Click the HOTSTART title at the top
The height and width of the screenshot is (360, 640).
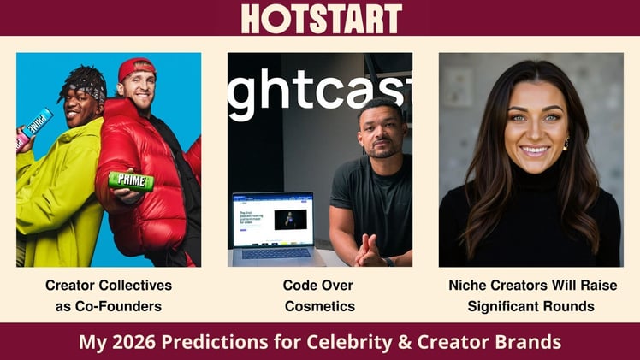click(321, 18)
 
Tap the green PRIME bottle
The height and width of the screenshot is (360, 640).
click(130, 180)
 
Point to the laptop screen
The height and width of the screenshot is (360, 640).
click(273, 218)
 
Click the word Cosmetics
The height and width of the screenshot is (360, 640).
click(320, 305)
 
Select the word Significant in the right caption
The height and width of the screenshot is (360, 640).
click(507, 305)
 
